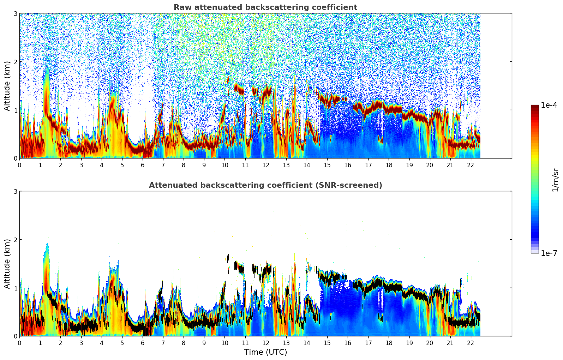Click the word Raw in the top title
pyautogui.click(x=182, y=7)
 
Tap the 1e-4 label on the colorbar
pyautogui.click(x=549, y=105)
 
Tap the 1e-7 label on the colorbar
pyautogui.click(x=549, y=253)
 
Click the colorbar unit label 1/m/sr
pyautogui.click(x=555, y=180)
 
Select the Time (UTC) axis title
pyautogui.click(x=265, y=352)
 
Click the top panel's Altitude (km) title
pyautogui.click(x=7, y=86)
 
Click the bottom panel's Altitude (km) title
pyautogui.click(x=7, y=264)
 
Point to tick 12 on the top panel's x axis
pyautogui.click(x=265, y=165)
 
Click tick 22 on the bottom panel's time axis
pyautogui.click(x=471, y=343)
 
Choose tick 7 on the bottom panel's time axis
pyautogui.click(x=163, y=343)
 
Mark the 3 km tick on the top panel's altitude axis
pyautogui.click(x=15, y=13)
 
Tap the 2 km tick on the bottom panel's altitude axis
pyautogui.click(x=15, y=240)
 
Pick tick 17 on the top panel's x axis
pyautogui.click(x=368, y=165)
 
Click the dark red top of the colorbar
pyautogui.click(x=535, y=107)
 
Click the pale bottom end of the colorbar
pyautogui.click(x=535, y=251)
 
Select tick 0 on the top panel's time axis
pyautogui.click(x=19, y=165)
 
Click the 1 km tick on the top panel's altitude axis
pyautogui.click(x=15, y=110)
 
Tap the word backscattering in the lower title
pyautogui.click(x=251, y=185)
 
